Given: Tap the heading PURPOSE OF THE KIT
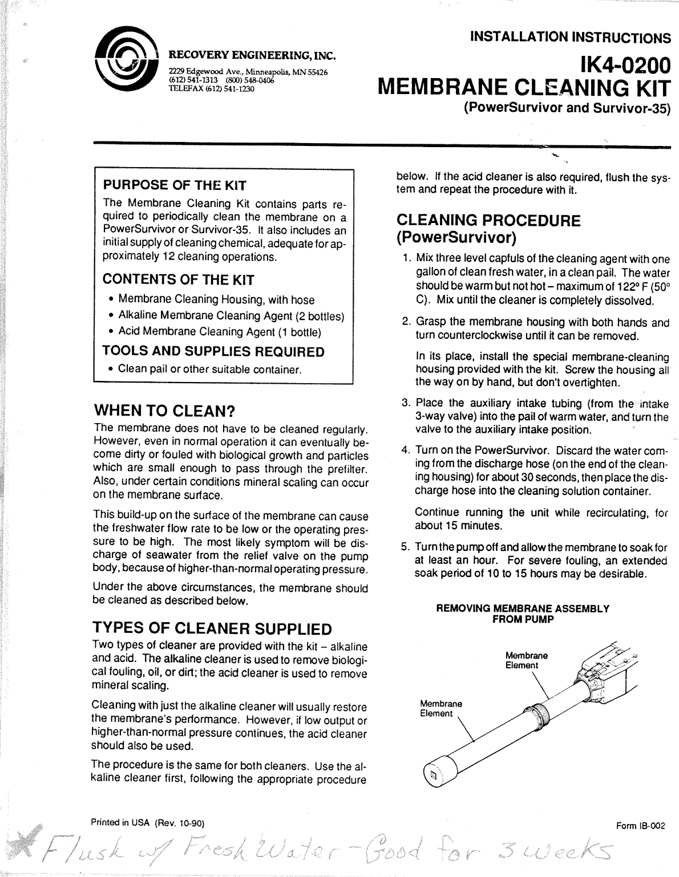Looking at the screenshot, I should pos(174,185).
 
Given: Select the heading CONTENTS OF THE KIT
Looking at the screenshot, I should pos(178,279).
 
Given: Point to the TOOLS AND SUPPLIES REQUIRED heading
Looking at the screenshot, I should pos(213,352).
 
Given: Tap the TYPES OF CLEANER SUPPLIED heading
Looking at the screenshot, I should pos(212,629).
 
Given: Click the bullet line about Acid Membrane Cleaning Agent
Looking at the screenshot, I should pos(219,332).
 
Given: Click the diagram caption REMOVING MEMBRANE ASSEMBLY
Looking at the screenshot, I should pos(522,609).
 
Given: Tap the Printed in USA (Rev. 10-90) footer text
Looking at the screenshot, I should pos(147,823).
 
